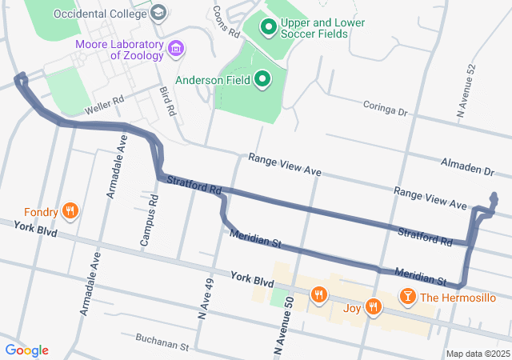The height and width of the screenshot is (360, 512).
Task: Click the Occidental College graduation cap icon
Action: click(x=158, y=13)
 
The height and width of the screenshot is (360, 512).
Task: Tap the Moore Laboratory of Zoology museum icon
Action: click(x=177, y=50)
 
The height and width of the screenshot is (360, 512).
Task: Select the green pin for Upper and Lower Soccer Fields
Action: click(x=269, y=28)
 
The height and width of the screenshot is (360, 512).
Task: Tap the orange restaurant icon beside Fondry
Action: click(x=70, y=211)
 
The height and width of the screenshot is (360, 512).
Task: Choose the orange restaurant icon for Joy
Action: click(x=373, y=306)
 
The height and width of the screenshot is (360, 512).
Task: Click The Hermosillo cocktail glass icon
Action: click(x=408, y=298)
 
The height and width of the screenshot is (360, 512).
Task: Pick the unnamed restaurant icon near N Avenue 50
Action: click(x=318, y=295)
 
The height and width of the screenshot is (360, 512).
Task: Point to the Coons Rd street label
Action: click(x=226, y=23)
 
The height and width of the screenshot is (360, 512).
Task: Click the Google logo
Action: click(x=27, y=350)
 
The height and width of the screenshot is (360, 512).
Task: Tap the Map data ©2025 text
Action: click(x=477, y=354)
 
